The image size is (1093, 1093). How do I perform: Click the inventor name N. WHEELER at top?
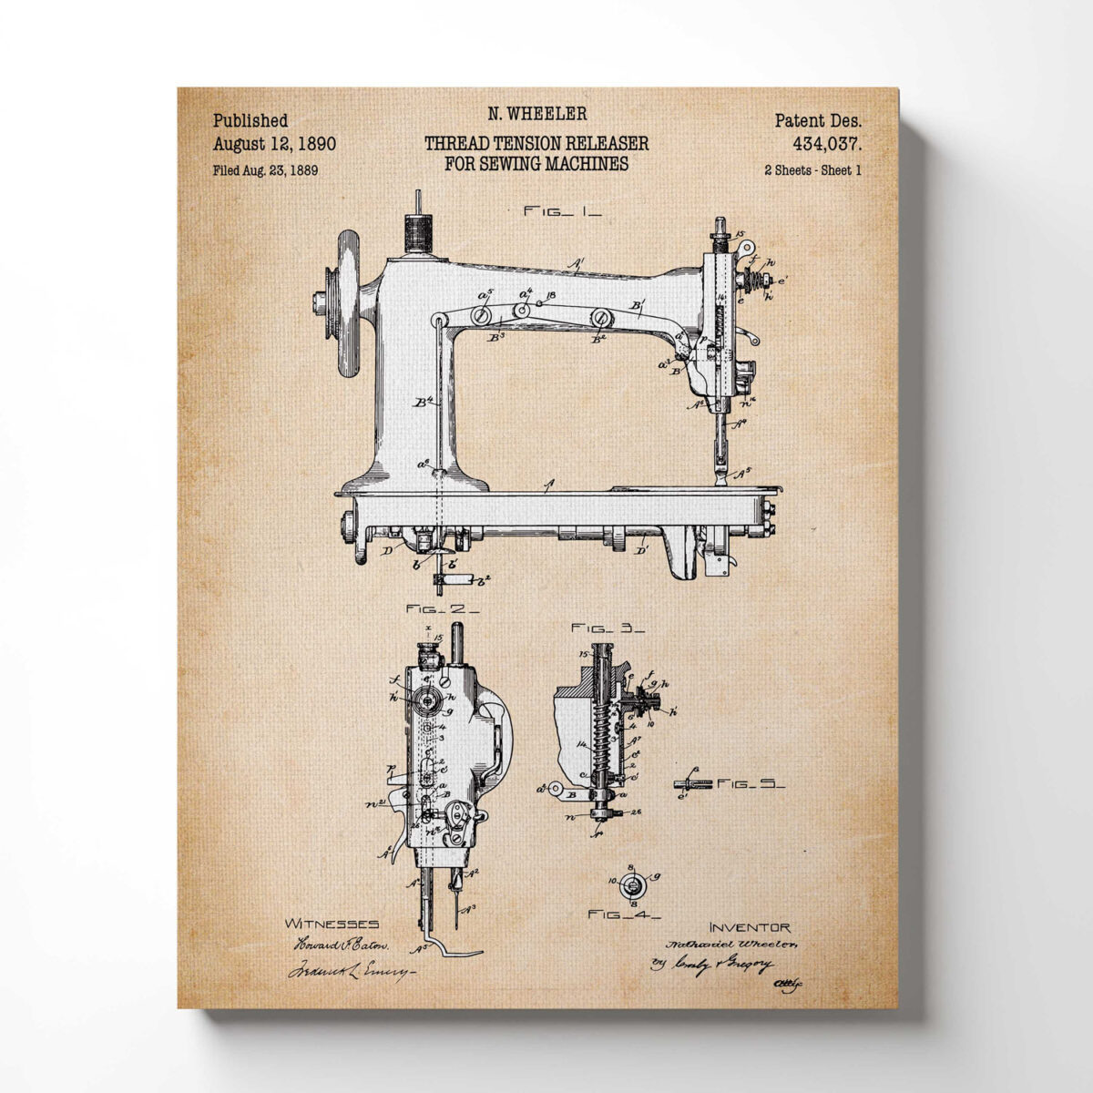536,114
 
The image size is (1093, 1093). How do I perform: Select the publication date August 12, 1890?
274,143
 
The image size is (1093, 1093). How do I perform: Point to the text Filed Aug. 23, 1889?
265,169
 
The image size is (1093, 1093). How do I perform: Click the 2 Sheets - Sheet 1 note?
813,169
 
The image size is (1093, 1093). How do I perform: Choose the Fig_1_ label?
562,210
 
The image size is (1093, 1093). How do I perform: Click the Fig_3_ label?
608,628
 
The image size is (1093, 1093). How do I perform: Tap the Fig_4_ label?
624,914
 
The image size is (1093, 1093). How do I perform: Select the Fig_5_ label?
751,782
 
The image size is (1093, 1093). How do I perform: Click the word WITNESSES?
332,924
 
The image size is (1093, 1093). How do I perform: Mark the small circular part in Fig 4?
634,881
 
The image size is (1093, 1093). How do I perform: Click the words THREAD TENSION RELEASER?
536,143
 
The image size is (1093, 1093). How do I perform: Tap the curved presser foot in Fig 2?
453,947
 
